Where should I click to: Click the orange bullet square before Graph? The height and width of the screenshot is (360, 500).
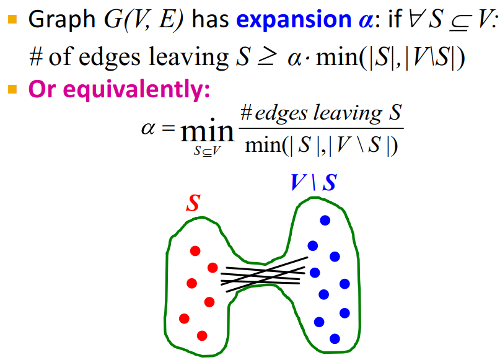coord(13,20)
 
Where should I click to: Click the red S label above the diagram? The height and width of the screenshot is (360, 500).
coord(193,204)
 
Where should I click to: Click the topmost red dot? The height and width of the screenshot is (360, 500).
coord(195,251)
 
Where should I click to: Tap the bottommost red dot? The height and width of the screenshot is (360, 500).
coord(201,335)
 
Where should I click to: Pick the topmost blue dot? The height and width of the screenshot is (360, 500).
coord(325,220)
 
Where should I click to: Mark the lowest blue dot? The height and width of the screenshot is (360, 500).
coord(335,338)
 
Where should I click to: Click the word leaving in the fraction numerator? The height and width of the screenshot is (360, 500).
coord(348,113)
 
